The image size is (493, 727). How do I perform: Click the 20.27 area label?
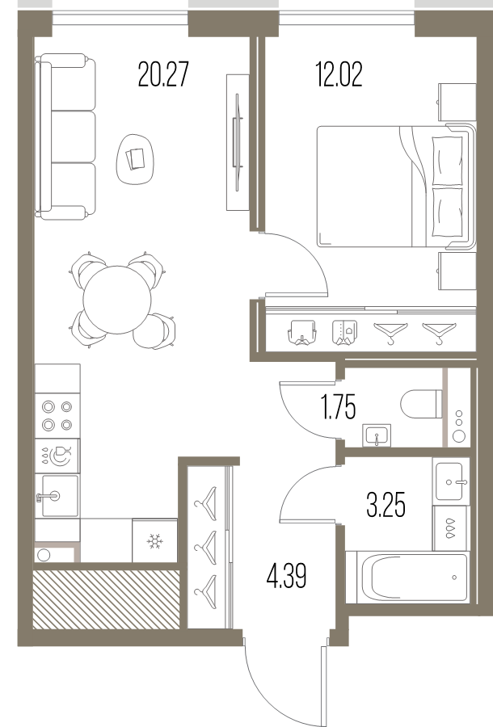[x=163, y=74]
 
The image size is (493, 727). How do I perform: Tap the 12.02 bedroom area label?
[x=339, y=74]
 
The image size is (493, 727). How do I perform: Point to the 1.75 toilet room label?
[x=339, y=407]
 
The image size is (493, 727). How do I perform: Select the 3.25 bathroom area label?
[x=386, y=505]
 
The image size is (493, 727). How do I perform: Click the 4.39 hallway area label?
[x=287, y=576]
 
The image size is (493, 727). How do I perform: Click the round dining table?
[x=117, y=300]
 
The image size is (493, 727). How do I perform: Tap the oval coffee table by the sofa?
[x=135, y=158]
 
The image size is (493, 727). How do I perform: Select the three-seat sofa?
[x=65, y=137]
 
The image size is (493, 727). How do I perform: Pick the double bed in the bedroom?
[x=396, y=186]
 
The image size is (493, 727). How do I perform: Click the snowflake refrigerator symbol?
[x=154, y=540]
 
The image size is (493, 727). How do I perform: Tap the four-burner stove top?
[x=57, y=416]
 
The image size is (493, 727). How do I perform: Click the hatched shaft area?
[x=106, y=599]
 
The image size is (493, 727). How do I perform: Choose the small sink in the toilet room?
[x=377, y=436]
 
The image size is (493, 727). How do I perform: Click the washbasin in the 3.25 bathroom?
[x=449, y=481]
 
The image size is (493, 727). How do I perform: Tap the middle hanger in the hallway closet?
[x=206, y=548]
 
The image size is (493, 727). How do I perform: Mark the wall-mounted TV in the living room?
[x=238, y=142]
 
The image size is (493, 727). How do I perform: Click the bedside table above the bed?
[x=457, y=102]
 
